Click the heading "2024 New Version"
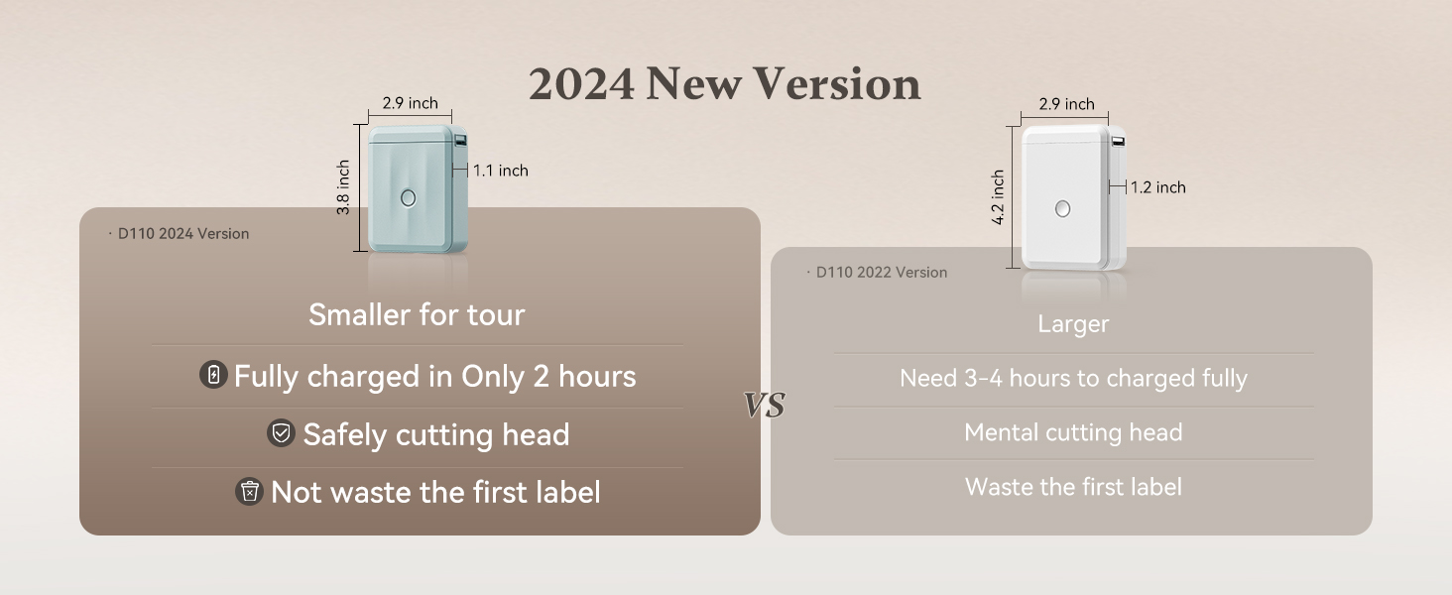point(724,84)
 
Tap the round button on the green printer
point(408,197)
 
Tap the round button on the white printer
point(1063,208)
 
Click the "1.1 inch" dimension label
point(500,171)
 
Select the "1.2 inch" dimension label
point(1157,187)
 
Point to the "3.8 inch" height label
point(343,187)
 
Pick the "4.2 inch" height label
point(998,197)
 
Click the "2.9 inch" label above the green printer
point(410,103)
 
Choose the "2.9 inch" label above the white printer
point(1066,104)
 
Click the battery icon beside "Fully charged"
point(213,375)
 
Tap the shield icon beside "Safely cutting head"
point(281,433)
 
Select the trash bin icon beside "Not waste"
point(249,491)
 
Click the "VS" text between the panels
point(765,405)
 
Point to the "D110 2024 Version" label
point(182,234)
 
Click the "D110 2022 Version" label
point(881,273)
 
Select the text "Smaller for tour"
point(417,315)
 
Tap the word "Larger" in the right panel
point(1073,324)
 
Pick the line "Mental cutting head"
point(1073,432)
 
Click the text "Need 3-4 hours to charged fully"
point(1073,378)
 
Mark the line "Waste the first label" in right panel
point(1073,487)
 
